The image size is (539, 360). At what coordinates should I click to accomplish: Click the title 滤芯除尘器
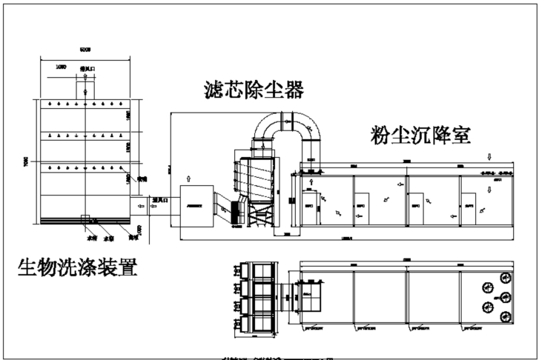(x=254, y=90)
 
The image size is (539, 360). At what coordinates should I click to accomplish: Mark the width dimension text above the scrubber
(x=85, y=49)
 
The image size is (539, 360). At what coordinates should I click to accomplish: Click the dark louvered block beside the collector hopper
(x=239, y=211)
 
